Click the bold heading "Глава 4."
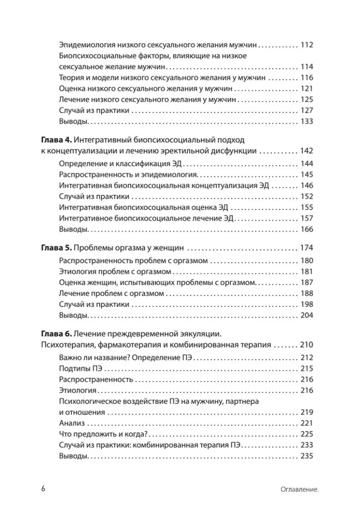coord(56,140)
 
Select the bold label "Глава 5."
coord(56,248)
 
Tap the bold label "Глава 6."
coord(56,334)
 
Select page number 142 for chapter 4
coord(307,151)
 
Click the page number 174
coord(307,248)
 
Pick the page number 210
coord(307,345)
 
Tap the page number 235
coord(307,456)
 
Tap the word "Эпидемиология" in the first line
coord(87,45)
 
